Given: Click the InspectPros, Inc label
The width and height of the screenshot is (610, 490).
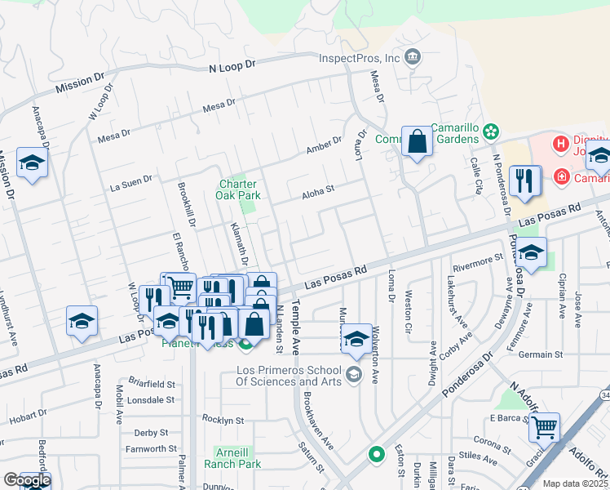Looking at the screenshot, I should [359, 58].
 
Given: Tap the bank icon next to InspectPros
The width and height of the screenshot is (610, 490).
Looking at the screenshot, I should [413, 56].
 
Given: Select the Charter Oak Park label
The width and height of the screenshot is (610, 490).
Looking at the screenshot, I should [237, 189].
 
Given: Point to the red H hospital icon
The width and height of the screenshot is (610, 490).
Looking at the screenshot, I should [560, 145].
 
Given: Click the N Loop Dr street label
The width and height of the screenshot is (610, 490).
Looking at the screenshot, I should [232, 68].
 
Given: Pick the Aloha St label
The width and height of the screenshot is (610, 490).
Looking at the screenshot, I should [318, 192].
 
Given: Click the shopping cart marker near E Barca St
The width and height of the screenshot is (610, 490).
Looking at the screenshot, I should [544, 426].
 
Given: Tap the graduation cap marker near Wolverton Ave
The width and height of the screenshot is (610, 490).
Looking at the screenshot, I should [356, 337].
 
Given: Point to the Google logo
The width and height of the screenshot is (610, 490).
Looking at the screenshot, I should [27, 481].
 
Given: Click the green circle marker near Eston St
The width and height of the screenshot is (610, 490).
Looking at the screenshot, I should [376, 453].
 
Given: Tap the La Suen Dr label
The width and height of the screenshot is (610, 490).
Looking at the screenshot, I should [131, 182].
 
